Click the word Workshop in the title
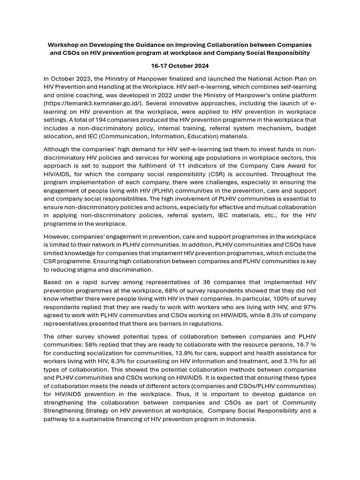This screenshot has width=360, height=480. tap(63, 45)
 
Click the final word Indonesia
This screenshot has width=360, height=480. tap(239, 420)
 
